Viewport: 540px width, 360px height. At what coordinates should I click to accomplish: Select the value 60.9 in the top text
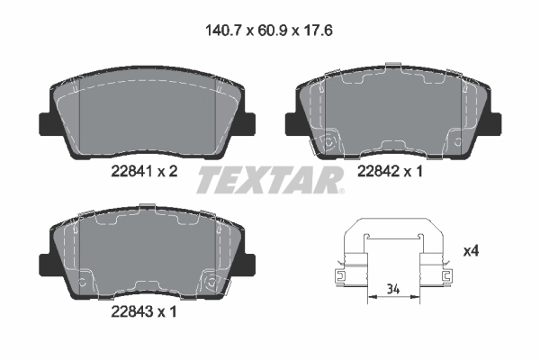coord(270,30)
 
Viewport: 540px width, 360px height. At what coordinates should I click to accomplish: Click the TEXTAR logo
coord(270,180)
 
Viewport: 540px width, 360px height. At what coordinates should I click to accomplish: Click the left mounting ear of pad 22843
coord(42,260)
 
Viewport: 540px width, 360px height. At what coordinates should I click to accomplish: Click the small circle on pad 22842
coord(329,142)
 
